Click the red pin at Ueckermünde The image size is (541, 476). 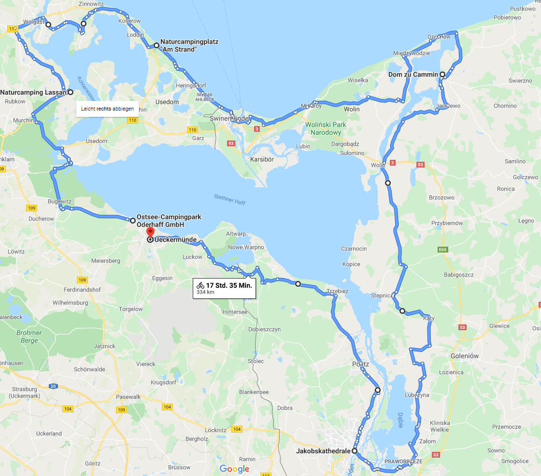point(150,232)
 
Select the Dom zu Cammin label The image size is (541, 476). point(413,74)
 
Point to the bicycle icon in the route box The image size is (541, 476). point(200,285)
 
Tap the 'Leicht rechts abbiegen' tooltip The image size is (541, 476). point(107,109)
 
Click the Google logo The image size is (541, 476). point(234,469)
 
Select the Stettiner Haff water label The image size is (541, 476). point(229,199)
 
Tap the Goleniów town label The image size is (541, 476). point(464,356)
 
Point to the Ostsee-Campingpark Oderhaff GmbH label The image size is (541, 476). point(169,221)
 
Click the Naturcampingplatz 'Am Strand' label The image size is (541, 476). point(189,45)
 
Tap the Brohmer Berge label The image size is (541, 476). point(29,336)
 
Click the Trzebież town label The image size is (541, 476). point(337,291)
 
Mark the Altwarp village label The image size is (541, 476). point(236,233)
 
